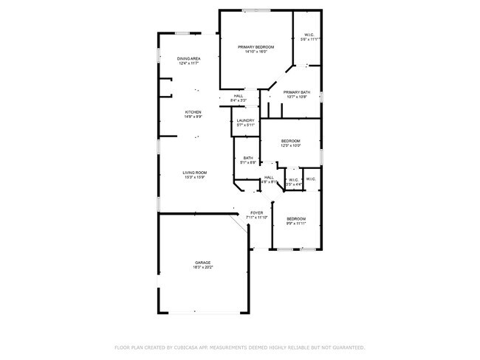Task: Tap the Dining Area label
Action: click(x=189, y=58)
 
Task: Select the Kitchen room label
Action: click(x=193, y=112)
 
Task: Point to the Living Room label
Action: click(x=194, y=173)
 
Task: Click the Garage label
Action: click(x=203, y=263)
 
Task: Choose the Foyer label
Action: click(x=256, y=212)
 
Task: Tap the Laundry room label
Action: click(x=245, y=120)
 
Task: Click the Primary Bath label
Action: click(x=297, y=92)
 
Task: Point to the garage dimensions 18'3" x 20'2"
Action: click(x=203, y=267)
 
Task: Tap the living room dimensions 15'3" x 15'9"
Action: click(x=194, y=177)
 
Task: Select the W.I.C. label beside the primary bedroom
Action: click(x=308, y=35)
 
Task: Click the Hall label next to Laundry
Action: click(x=239, y=95)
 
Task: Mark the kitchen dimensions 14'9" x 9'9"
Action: click(x=193, y=117)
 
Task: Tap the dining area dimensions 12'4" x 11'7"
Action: click(x=189, y=63)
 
